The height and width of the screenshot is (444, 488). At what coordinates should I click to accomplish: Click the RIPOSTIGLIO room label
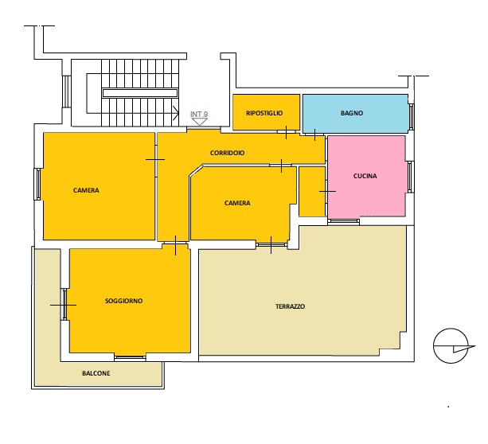(x=264, y=113)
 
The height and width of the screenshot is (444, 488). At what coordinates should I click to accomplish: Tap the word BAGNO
(x=352, y=113)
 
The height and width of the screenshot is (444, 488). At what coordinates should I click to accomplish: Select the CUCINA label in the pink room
(x=365, y=176)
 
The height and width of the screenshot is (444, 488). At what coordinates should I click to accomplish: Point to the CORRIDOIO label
(x=227, y=153)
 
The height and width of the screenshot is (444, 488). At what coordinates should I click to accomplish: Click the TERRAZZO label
(x=290, y=306)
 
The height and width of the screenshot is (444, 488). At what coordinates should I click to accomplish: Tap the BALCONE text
(x=96, y=373)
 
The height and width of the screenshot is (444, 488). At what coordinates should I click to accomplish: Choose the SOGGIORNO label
(x=124, y=301)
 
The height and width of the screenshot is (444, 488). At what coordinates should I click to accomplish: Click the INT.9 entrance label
(x=199, y=115)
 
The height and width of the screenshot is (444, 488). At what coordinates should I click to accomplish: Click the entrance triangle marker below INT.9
(x=199, y=122)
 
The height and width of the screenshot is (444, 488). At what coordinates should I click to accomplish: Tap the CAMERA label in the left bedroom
(x=86, y=190)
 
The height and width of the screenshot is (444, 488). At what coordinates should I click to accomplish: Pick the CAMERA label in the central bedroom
(x=237, y=203)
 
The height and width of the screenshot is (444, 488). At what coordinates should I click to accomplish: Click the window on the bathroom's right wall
(x=412, y=117)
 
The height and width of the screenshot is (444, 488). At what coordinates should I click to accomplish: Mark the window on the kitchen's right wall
(x=411, y=177)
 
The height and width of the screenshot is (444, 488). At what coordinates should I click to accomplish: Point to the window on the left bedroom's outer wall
(x=37, y=184)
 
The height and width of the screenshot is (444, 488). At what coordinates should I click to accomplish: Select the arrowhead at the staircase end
(x=176, y=113)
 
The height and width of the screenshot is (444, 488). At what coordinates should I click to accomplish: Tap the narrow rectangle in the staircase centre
(x=140, y=93)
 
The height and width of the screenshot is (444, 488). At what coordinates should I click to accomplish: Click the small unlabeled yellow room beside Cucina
(x=312, y=191)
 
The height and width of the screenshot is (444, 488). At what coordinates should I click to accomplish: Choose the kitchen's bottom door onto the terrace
(x=344, y=221)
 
